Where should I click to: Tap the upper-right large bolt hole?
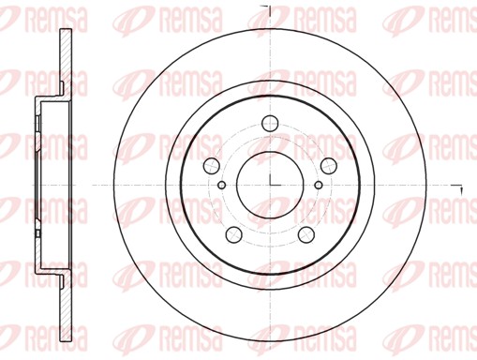(328, 165)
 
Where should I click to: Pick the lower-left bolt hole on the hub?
(234, 233)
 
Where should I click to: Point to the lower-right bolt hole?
(306, 233)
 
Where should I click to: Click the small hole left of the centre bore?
(221, 185)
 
